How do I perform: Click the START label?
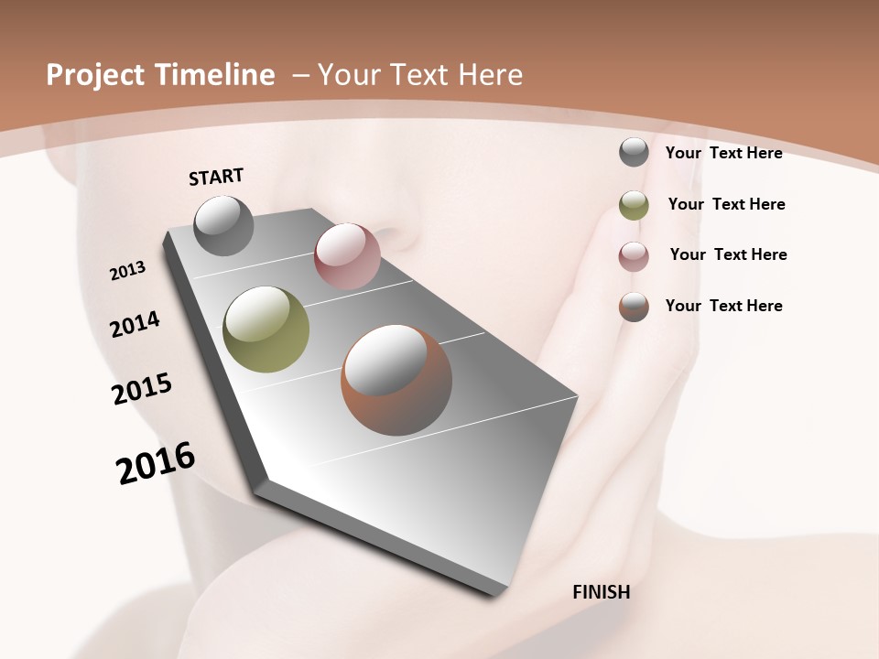click(x=216, y=177)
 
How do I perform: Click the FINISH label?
click(x=601, y=592)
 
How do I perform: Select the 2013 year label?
click(x=128, y=271)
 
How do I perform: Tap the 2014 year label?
click(x=136, y=324)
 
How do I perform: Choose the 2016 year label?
click(x=156, y=463)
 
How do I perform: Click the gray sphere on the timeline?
click(x=223, y=225)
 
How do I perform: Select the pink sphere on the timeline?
click(x=347, y=256)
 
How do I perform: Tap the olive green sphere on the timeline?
click(x=266, y=329)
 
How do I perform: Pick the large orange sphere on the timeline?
click(x=396, y=380)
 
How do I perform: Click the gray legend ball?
click(x=634, y=152)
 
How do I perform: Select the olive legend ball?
click(x=634, y=205)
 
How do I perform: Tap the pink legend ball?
click(x=634, y=256)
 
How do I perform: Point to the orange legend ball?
click(x=634, y=307)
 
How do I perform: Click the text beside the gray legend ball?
click(x=723, y=153)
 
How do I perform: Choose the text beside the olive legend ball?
click(x=726, y=204)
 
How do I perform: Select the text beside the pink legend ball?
click(x=728, y=254)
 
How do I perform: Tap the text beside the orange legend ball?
click(x=723, y=306)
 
